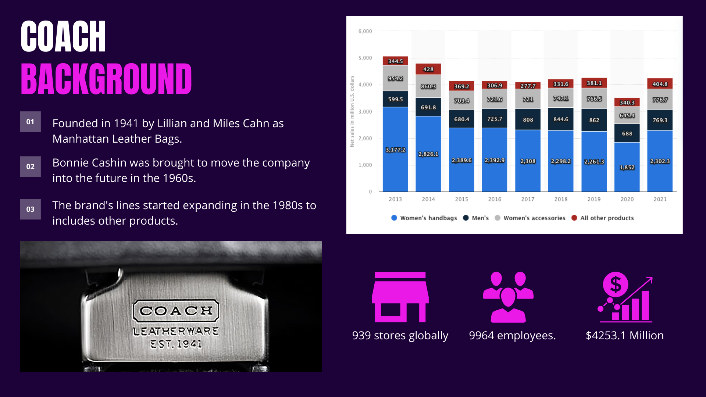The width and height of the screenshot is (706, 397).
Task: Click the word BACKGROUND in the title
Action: point(106,79)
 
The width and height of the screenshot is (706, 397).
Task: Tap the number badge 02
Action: point(30,167)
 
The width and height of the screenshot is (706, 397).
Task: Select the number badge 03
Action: point(30,209)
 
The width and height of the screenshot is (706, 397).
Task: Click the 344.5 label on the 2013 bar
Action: point(395,61)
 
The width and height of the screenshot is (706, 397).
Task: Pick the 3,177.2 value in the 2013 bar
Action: point(395,150)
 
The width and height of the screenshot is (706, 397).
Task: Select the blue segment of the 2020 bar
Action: point(627,167)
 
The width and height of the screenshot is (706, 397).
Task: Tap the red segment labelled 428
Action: point(428,69)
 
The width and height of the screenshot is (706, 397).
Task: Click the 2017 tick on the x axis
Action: point(528,199)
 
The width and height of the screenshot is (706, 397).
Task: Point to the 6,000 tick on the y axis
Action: point(365,31)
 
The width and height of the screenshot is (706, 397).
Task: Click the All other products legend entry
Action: point(603,218)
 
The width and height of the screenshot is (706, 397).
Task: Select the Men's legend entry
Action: point(476,218)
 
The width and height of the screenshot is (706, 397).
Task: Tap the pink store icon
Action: point(400,297)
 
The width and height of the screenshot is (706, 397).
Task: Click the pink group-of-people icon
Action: point(508,297)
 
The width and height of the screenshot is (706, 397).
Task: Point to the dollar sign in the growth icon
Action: point(616,285)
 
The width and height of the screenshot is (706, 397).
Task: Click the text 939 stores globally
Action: point(400,336)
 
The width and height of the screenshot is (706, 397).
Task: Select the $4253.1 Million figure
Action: point(625,336)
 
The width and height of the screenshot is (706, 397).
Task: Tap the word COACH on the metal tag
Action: point(176,311)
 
